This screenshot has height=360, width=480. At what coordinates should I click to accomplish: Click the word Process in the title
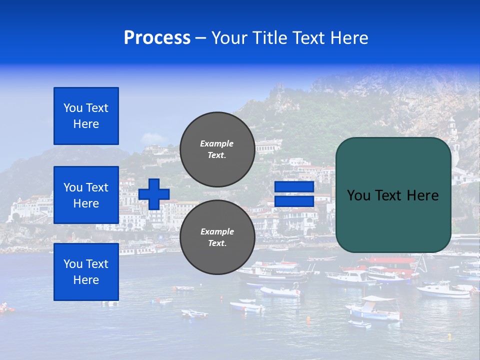(x=157, y=38)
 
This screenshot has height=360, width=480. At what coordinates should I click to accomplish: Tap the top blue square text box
(x=86, y=116)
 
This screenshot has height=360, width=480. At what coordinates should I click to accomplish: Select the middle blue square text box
(x=86, y=195)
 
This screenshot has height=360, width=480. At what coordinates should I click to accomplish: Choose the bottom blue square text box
(x=86, y=272)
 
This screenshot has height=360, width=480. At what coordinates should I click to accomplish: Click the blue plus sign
(x=154, y=194)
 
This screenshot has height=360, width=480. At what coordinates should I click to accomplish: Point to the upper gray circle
(x=217, y=149)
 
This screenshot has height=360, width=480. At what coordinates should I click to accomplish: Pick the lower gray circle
(x=217, y=237)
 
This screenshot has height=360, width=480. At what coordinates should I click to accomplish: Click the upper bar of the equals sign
(x=294, y=187)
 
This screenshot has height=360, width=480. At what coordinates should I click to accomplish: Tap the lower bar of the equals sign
(x=294, y=201)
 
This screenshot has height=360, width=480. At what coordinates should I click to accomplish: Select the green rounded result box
(x=393, y=195)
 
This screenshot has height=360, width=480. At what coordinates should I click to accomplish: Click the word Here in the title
(x=349, y=38)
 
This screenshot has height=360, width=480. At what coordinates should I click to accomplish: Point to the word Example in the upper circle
(x=216, y=143)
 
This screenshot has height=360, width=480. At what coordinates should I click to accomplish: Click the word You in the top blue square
(x=73, y=108)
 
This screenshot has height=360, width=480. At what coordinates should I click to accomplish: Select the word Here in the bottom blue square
(x=86, y=280)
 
